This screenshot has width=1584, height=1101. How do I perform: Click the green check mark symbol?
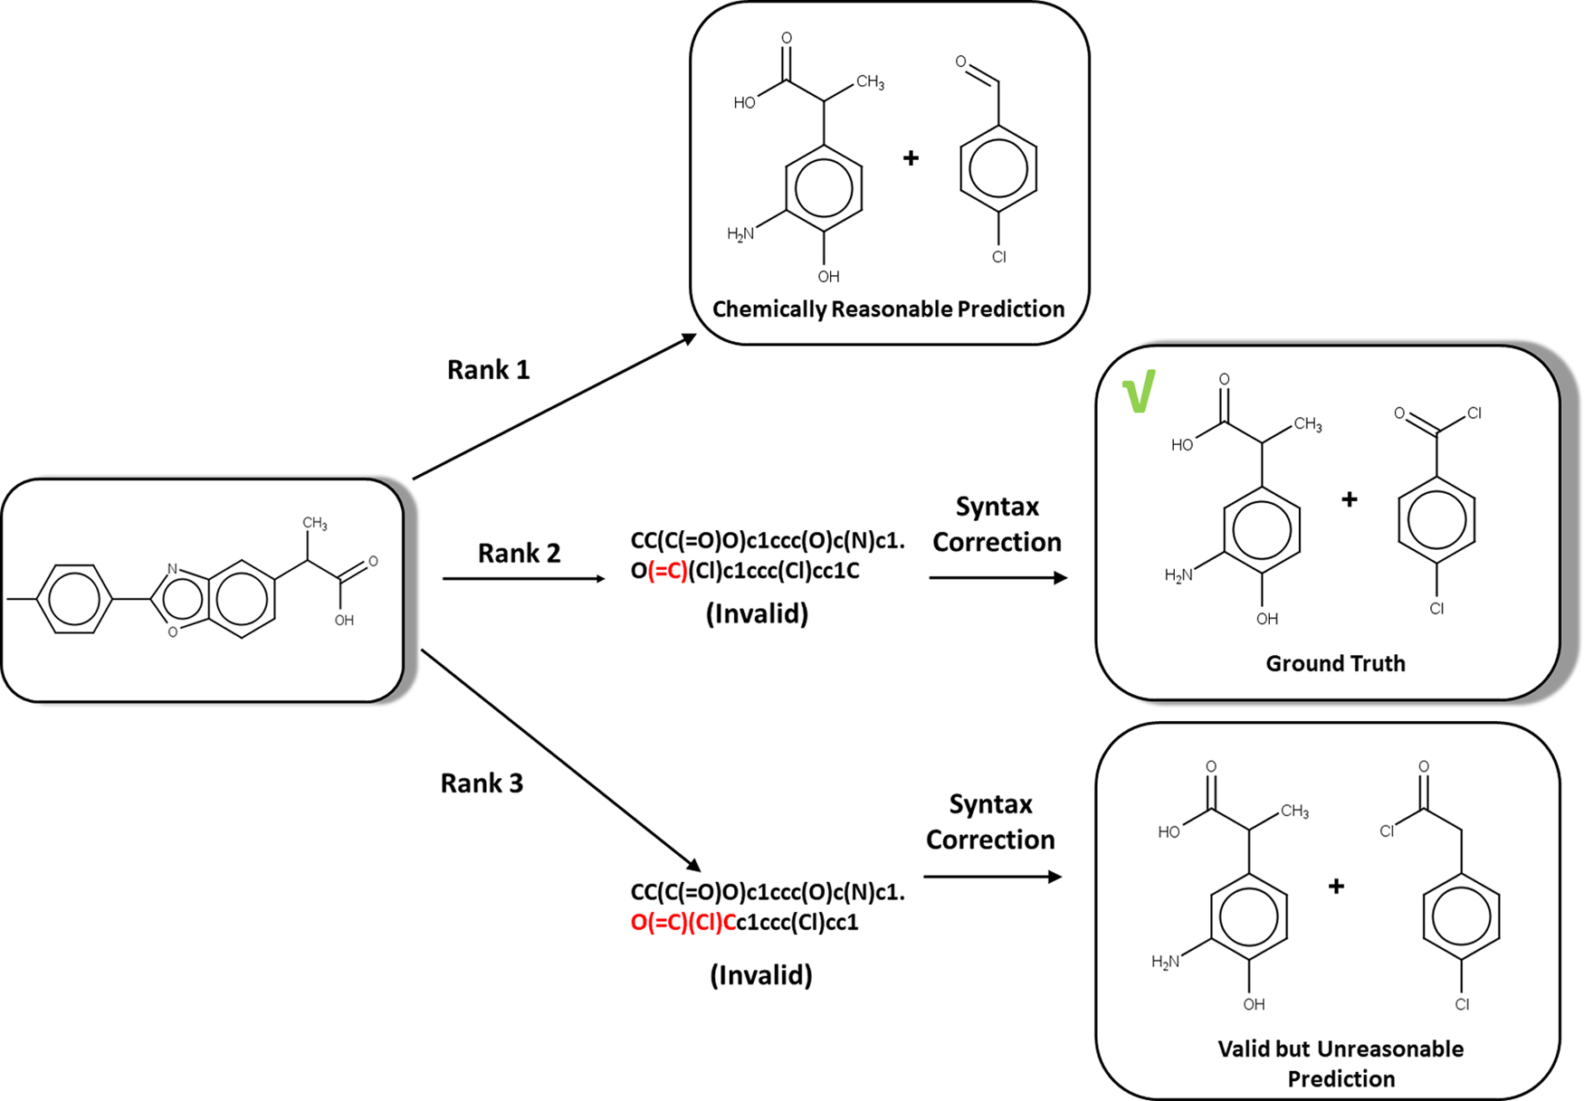coord(1139,392)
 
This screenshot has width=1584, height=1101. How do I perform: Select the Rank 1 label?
coord(488,370)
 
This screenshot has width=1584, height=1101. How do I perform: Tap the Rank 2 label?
coord(519,553)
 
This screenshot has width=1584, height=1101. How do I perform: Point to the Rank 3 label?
coord(482,783)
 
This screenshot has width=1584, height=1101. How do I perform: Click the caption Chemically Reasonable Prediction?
coord(888,309)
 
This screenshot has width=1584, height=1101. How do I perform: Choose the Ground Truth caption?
coord(1335,663)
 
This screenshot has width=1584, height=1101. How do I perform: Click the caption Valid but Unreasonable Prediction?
coord(1341,1064)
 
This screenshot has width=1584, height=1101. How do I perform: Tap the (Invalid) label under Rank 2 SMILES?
coord(757,614)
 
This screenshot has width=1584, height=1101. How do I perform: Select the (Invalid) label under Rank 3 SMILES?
coord(760,974)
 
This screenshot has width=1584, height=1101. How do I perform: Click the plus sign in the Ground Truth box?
coord(1349,499)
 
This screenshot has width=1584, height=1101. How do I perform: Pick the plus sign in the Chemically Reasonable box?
coord(911,158)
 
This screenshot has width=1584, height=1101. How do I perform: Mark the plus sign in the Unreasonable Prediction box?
coord(1336,887)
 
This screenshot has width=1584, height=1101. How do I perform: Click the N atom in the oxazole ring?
coord(172,569)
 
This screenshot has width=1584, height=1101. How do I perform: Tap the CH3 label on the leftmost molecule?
coord(314,523)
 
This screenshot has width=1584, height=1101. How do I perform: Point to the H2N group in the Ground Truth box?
coord(1178,574)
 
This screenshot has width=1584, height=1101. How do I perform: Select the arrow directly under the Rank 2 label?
coord(523,578)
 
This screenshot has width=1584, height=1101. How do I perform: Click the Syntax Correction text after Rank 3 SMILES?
coord(990,821)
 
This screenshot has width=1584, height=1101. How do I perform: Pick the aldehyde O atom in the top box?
coord(960,62)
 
